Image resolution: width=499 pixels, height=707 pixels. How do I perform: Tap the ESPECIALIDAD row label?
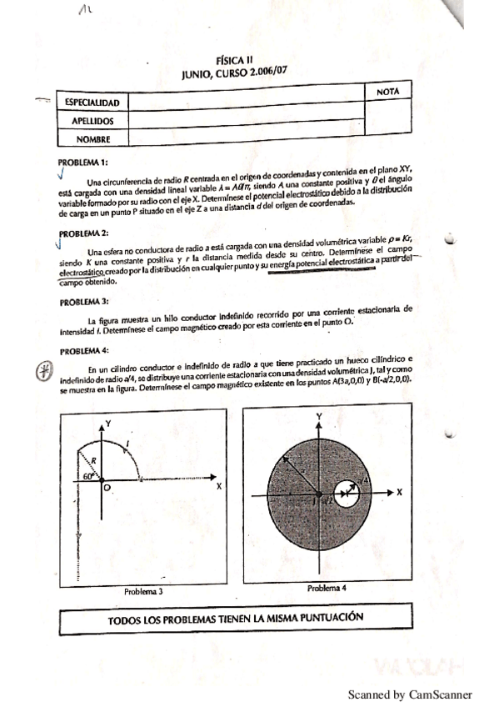(92, 103)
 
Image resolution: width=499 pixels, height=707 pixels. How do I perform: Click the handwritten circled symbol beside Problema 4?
(44, 374)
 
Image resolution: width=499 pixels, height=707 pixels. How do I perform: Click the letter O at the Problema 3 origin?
(107, 490)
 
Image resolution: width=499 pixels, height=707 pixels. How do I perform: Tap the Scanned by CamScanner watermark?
(410, 694)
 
